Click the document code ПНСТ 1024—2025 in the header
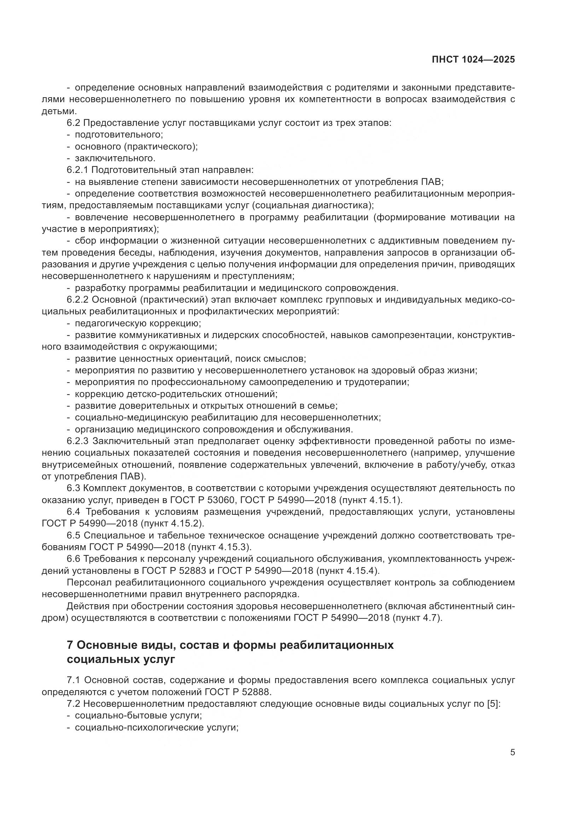coord(473,59)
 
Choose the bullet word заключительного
coord(115,158)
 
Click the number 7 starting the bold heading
coord(70,645)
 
